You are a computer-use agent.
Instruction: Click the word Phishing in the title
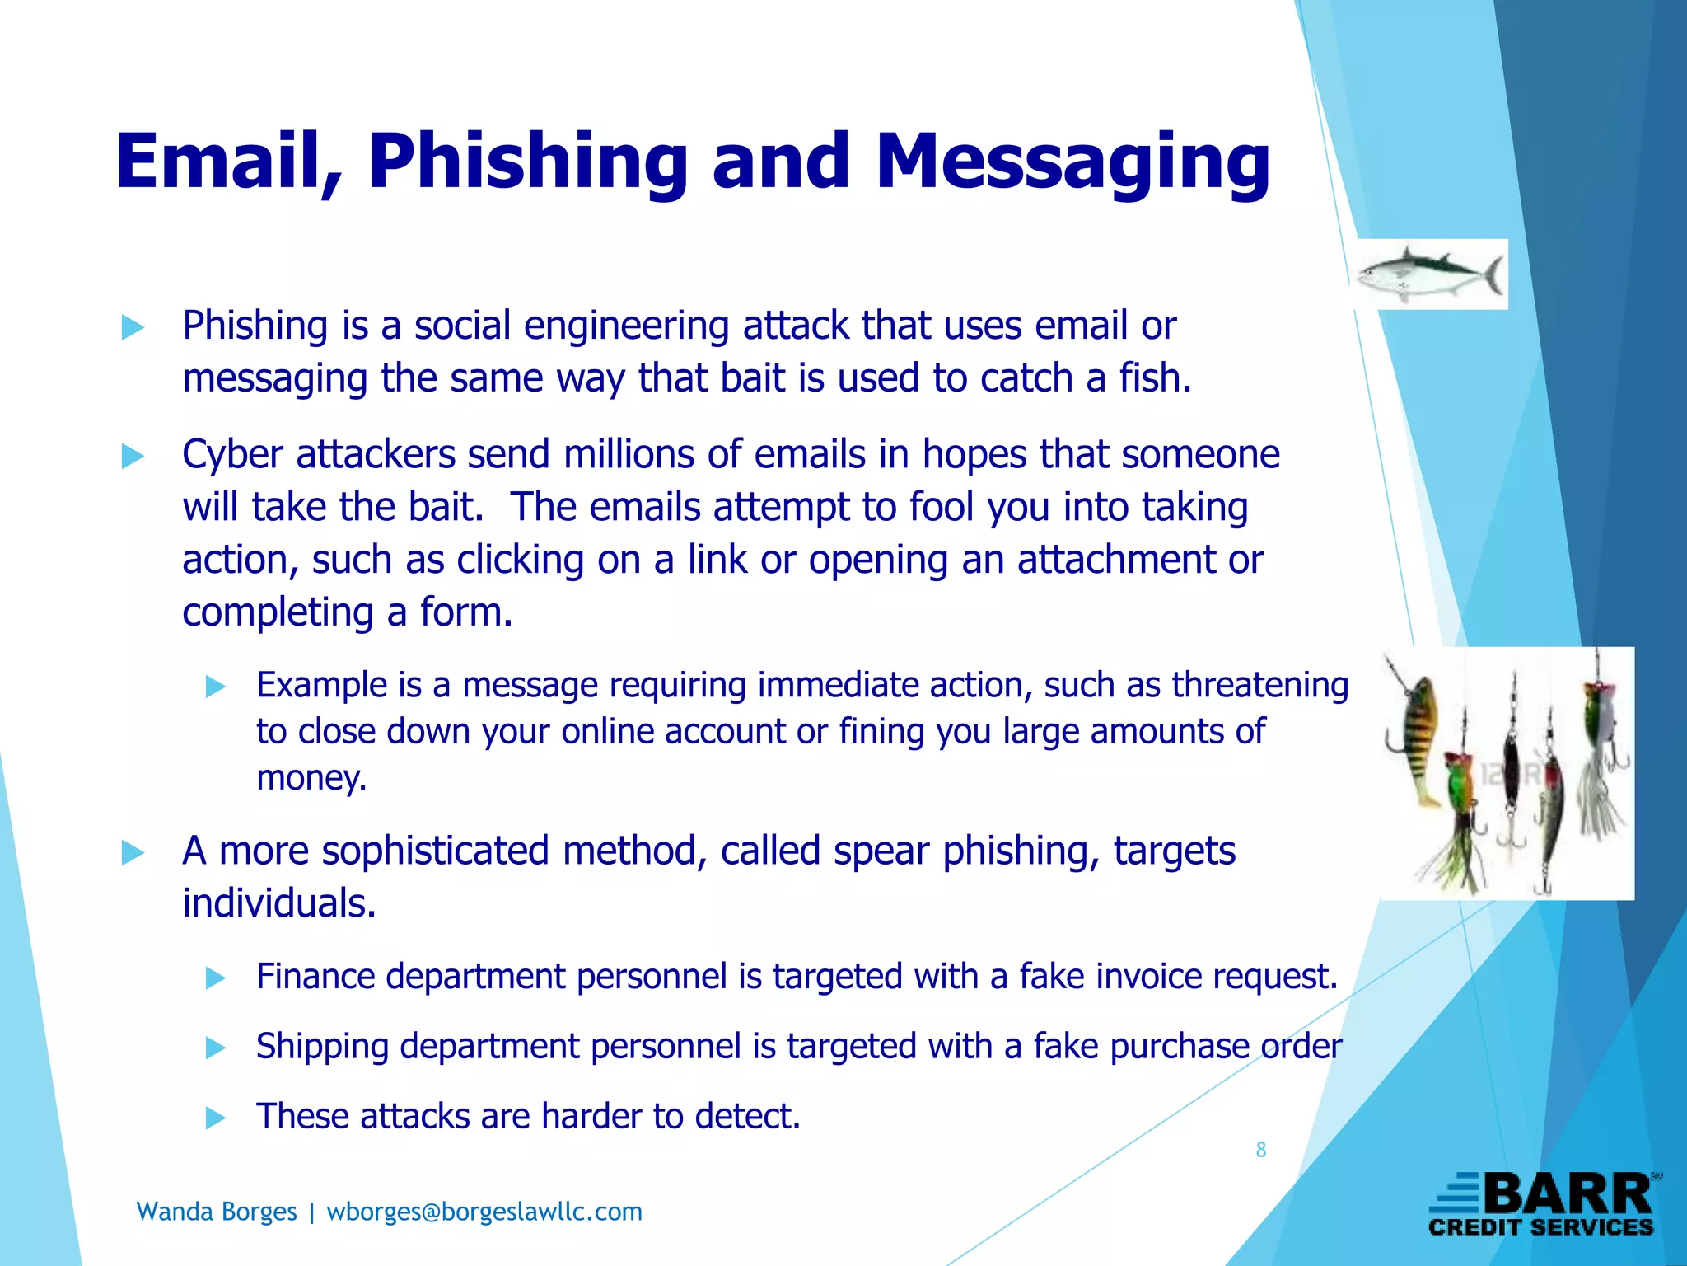point(527,162)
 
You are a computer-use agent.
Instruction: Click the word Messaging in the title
point(1072,162)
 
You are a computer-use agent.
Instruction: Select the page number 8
point(1260,1150)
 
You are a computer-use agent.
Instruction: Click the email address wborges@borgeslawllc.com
point(484,1212)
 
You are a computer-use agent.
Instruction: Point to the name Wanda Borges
point(217,1212)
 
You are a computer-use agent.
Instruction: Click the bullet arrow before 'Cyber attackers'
point(133,456)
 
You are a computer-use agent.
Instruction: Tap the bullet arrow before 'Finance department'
point(215,978)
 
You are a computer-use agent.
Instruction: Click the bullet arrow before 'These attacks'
point(215,1118)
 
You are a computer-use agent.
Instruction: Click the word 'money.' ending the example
point(311,778)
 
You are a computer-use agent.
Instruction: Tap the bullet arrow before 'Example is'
point(215,687)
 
